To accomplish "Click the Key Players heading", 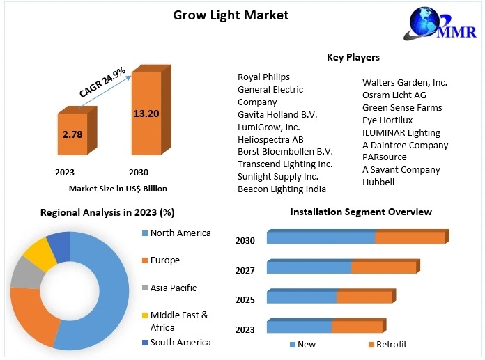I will click(x=353, y=57).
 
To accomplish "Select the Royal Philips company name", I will click(x=263, y=77).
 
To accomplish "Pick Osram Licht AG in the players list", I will click(x=394, y=95).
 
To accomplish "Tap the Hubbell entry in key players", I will click(x=378, y=182).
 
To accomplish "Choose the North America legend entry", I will click(x=180, y=233).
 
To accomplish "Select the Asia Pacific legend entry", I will click(x=173, y=288).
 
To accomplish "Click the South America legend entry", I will click(x=180, y=342).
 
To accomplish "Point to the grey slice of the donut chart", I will click(x=25, y=274).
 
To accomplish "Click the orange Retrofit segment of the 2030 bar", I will click(x=410, y=237).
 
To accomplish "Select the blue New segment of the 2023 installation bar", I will click(x=299, y=327).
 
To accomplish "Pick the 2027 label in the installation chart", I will click(x=245, y=270).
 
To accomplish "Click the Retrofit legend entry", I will click(x=391, y=345).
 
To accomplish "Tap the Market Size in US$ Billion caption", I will click(x=118, y=188).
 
